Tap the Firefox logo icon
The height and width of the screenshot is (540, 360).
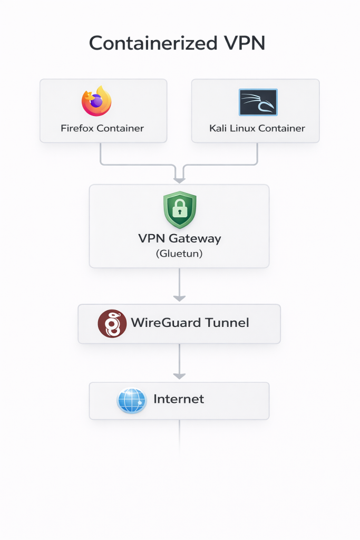(96, 101)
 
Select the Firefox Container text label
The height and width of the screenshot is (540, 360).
(102, 128)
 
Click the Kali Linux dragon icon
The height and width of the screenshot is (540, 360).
(258, 102)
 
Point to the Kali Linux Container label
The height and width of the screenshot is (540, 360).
(257, 128)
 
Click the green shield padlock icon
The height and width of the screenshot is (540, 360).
(180, 210)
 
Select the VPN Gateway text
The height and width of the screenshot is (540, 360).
(180, 238)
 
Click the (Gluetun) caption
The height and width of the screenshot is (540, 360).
(180, 254)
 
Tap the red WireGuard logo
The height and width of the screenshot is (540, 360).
(112, 323)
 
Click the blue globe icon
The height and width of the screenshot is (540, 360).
(131, 401)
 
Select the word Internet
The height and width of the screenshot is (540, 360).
(179, 399)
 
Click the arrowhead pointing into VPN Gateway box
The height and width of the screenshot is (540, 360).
(180, 180)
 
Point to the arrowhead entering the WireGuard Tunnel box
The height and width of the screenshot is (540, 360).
(180, 298)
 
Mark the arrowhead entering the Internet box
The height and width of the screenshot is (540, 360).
(180, 376)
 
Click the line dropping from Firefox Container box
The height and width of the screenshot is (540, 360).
(101, 153)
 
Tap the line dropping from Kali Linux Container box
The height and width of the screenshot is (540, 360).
(257, 153)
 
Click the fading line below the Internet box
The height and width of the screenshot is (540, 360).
(180, 435)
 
